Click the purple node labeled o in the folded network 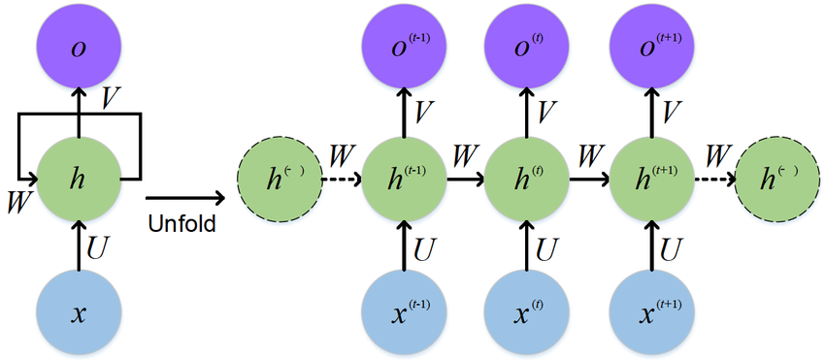[x=79, y=46]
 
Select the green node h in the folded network [x=79, y=180]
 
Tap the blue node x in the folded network [x=79, y=313]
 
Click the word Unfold [x=181, y=224]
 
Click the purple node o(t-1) [x=403, y=46]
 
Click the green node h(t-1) [x=403, y=180]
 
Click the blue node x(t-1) [x=403, y=313]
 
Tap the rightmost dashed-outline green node [x=776, y=180]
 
